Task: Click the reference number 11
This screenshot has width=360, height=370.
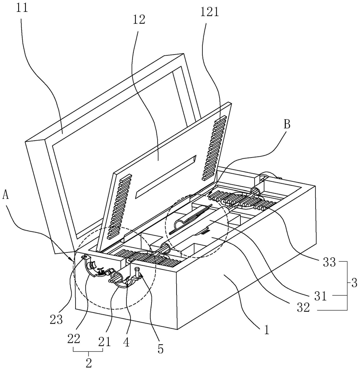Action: click(23, 8)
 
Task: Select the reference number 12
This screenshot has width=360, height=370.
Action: click(139, 20)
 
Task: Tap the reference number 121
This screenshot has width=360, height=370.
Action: click(210, 12)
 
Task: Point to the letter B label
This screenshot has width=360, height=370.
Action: click(286, 124)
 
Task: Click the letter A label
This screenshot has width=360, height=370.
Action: click(6, 195)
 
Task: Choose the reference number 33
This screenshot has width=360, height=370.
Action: click(329, 262)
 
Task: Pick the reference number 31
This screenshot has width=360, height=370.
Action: click(320, 296)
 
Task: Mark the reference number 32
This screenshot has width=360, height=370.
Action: click(303, 307)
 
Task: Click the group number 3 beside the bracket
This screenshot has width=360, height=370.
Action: click(354, 283)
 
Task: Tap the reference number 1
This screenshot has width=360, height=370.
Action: click(267, 330)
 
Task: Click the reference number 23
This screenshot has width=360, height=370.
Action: click(56, 320)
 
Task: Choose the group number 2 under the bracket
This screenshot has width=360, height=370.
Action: click(89, 363)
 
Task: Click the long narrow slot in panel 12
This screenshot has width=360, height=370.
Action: click(166, 177)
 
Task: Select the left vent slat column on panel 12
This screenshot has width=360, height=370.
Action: click(119, 207)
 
